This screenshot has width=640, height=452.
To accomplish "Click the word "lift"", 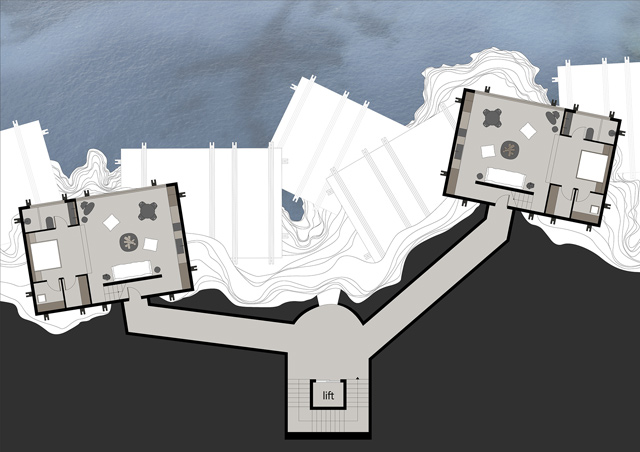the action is point(328,395).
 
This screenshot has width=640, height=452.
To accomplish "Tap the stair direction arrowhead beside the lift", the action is point(358,378).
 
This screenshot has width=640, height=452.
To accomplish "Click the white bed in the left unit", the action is point(46,255).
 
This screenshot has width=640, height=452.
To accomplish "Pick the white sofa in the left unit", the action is point(132,270).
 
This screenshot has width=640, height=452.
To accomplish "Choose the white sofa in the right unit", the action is point(506,177).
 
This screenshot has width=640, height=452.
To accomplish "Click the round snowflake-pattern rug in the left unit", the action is point(129,243).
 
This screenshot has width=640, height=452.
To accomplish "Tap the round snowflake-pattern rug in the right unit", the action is point(510,150).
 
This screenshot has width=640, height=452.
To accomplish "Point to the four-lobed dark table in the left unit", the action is point(147,211).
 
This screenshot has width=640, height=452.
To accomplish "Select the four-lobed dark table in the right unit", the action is point(492,118).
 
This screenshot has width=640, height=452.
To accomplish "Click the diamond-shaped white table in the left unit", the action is point(111,223).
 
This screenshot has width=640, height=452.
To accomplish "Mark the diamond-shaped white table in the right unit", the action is point(528,131).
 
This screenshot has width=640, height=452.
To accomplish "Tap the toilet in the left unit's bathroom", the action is point(50,223).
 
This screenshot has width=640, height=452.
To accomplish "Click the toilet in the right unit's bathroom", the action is point(589,134).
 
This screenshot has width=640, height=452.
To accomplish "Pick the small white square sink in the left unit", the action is point(42,298).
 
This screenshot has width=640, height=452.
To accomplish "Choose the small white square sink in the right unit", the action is point(594,210).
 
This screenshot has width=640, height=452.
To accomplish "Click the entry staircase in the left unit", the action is point(113,292).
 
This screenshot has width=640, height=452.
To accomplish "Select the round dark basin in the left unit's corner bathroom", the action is point(28,221).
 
